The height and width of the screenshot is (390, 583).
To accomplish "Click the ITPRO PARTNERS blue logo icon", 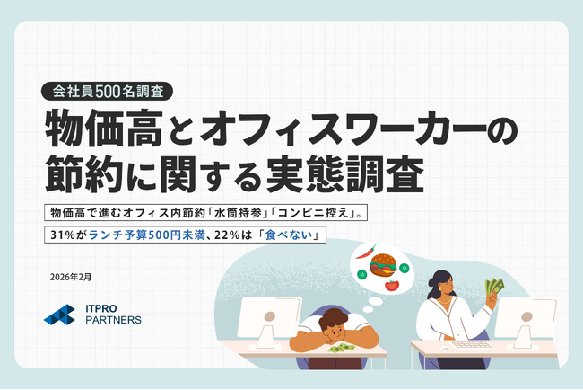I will [59, 315].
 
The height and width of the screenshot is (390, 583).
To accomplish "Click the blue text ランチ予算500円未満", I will [133, 235].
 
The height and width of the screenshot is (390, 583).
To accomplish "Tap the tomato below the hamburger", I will [391, 286].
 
